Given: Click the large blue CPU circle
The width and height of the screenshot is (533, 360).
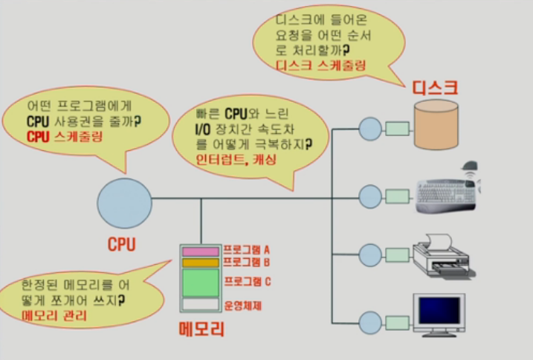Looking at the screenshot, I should coord(124,203).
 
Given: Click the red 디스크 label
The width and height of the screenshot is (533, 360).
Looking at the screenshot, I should coord(435,88).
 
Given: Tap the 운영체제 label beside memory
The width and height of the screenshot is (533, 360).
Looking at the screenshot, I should coord(242,305).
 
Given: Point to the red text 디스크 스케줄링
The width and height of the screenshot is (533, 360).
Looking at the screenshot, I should coord(320,65).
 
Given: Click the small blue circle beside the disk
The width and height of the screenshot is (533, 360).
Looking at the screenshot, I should coord(369,128).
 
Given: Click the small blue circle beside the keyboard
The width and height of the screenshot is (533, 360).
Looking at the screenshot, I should coord(369,196).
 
